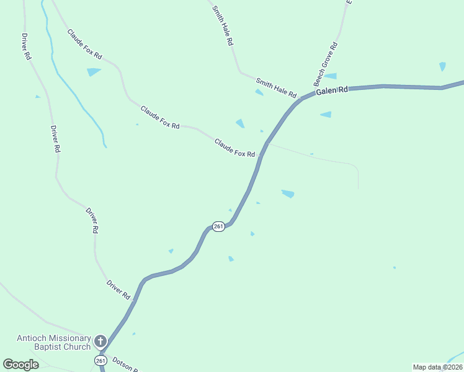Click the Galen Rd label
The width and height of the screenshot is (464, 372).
pos(332,91)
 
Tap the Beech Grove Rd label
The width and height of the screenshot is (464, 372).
pos(325,64)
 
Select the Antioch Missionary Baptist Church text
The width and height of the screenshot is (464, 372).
pos(53,342)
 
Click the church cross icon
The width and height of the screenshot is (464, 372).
pos(100,341)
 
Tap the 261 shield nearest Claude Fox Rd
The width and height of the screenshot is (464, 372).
pos(218,227)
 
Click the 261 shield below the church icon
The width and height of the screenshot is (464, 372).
pos(100,360)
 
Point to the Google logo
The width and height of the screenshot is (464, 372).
pos(20,365)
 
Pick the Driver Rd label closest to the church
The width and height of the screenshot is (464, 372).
pos(118,290)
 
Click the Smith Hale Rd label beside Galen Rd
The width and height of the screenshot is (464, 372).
pos(276,87)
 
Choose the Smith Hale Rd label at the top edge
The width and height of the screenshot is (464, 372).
pos(222,26)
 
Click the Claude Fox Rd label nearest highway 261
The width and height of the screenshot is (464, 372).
pos(234,148)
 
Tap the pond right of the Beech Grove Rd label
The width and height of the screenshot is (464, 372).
pos(331,76)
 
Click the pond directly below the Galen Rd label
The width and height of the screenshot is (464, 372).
pos(326,115)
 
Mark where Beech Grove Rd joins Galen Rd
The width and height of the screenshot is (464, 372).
pos(310,95)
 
